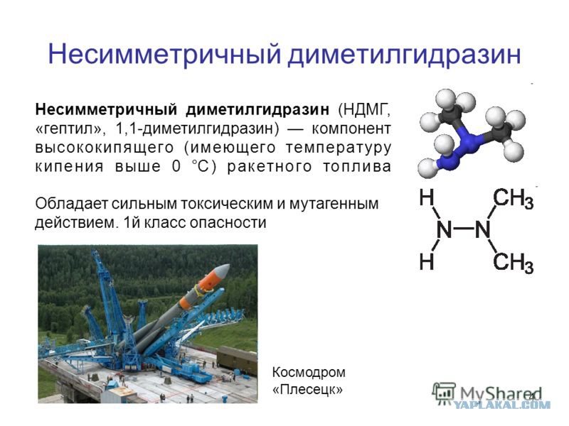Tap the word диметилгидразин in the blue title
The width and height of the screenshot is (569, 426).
pyautogui.click(x=405, y=55)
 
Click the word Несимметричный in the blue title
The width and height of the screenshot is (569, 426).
pyautogui.click(x=165, y=54)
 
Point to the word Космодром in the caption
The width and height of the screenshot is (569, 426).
pyautogui.click(x=309, y=372)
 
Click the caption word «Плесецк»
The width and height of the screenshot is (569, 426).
pyautogui.click(x=307, y=390)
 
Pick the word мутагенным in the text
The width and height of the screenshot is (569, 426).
pyautogui.click(x=334, y=204)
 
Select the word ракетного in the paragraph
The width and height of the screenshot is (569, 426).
pyautogui.click(x=270, y=167)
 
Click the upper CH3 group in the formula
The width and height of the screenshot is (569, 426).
pyautogui.click(x=513, y=199)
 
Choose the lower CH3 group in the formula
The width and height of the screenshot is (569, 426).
pyautogui.click(x=513, y=262)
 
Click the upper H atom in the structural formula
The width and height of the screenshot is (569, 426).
pyautogui.click(x=427, y=197)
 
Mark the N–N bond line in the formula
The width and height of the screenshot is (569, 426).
pyautogui.click(x=464, y=229)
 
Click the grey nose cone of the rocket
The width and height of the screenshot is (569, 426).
pyautogui.click(x=222, y=271)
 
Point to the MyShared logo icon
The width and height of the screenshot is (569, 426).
pyautogui.click(x=444, y=393)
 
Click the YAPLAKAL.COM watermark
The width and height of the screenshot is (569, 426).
pyautogui.click(x=503, y=405)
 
